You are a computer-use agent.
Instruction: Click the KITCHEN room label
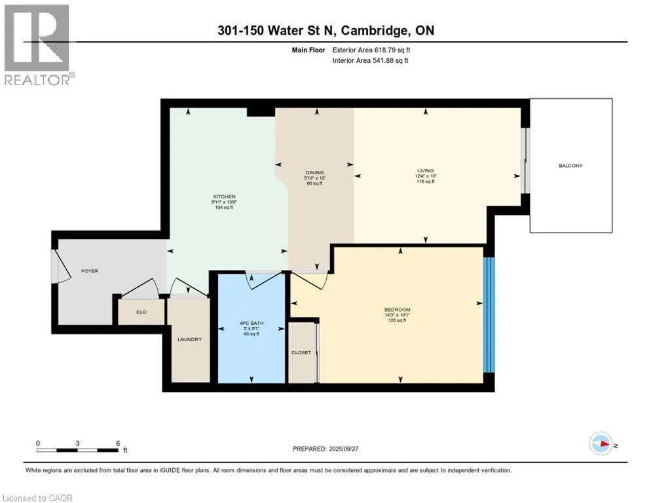[223, 197]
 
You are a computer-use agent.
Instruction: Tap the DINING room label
[314, 173]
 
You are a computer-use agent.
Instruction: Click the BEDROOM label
[397, 309]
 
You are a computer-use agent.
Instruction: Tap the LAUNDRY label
[189, 339]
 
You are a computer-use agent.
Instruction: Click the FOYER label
[89, 270]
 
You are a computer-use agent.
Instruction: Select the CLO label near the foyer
[141, 312]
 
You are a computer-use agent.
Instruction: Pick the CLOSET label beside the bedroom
[301, 352]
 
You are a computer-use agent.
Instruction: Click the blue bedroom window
[489, 315]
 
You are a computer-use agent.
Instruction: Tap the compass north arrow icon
[601, 445]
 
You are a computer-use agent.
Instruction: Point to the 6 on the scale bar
[118, 443]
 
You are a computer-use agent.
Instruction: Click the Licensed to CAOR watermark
[37, 498]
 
